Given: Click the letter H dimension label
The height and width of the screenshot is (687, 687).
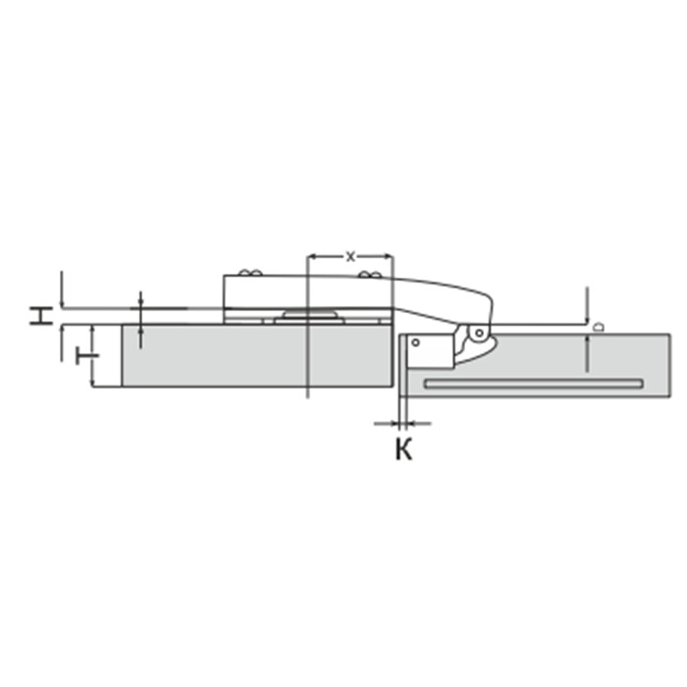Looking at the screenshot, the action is (41, 315).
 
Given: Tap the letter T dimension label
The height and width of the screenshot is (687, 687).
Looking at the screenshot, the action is (87, 355).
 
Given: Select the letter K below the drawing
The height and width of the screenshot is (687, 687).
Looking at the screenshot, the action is (404, 449).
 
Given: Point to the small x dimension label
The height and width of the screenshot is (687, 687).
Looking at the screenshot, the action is (350, 257).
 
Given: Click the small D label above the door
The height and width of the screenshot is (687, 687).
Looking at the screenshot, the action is (599, 327).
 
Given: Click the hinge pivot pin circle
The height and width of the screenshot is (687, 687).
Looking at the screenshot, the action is (479, 333).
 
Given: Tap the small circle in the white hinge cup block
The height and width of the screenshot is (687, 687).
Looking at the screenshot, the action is (415, 343).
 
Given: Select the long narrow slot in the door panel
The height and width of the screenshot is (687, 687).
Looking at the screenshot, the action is (534, 384).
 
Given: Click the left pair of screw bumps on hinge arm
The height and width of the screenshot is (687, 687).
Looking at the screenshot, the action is (250, 273).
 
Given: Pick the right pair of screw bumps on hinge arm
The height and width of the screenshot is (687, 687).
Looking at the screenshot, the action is (370, 275).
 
